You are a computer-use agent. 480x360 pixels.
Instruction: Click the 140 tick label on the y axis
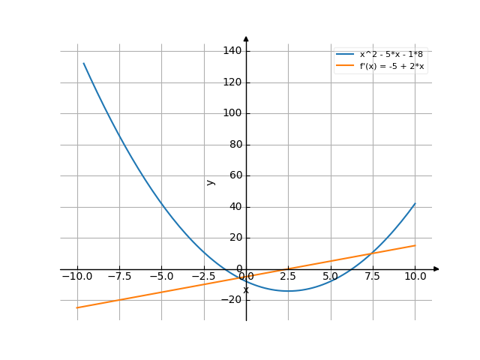[232, 51]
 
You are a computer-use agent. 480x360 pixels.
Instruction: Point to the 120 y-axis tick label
[232, 82]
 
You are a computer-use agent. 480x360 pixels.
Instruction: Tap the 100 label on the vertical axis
[232, 113]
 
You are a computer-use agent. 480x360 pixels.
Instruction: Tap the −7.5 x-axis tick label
[118, 276]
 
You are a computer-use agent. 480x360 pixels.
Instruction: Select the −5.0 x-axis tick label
[160, 276]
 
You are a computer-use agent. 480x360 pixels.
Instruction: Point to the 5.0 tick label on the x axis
[331, 276]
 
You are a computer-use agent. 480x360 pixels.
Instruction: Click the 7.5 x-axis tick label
[373, 276]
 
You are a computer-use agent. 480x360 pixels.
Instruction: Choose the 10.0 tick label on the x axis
[415, 276]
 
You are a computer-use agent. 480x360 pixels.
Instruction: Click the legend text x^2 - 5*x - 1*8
[396, 55]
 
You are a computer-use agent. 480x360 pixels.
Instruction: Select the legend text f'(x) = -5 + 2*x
[392, 66]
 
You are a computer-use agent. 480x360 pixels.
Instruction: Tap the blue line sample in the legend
[345, 55]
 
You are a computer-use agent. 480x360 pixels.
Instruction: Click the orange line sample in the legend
[345, 66]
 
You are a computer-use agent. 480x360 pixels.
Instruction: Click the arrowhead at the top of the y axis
[246, 38]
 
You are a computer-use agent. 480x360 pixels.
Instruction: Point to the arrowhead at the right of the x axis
[436, 268]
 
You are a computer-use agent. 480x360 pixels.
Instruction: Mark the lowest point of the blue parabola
[288, 291]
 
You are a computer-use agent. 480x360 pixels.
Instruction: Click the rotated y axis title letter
[211, 181]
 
